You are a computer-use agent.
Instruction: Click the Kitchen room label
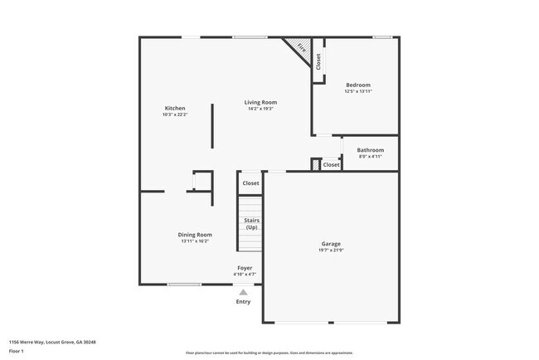coord(175,109)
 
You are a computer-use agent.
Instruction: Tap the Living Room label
coord(260,103)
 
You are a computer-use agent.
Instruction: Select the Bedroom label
coord(357,85)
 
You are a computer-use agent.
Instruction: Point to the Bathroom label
coord(370,150)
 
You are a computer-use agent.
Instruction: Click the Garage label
coord(330,244)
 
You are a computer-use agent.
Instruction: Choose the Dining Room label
coord(195,235)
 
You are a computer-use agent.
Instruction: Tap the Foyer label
coord(245,268)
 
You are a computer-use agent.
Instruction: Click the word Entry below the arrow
coord(243,302)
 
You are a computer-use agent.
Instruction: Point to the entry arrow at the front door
coord(243,291)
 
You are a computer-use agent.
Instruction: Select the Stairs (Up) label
coord(251,224)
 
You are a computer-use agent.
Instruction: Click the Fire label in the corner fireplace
coord(301,49)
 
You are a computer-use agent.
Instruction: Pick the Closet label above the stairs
coord(250,183)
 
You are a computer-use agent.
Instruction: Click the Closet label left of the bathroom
coord(331,165)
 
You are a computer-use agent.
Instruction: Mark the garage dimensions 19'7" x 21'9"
coord(330,251)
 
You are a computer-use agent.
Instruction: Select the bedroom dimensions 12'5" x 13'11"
coord(357,91)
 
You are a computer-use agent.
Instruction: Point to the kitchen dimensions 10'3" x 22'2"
coord(175,115)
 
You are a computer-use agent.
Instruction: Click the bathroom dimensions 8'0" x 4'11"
coord(370,157)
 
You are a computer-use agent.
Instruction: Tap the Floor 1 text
coord(16,352)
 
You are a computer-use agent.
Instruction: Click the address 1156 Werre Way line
coord(52,342)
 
